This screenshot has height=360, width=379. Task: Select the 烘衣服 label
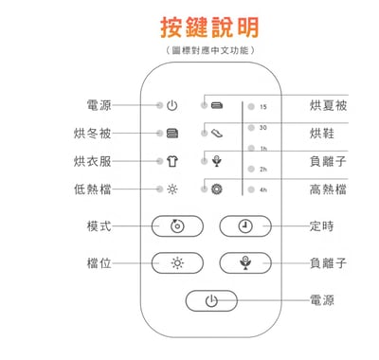93,161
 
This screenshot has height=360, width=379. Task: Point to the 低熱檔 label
93,189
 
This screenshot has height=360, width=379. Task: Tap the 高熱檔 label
328,189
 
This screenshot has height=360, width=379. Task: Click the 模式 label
99,226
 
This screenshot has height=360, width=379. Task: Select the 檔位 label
99,262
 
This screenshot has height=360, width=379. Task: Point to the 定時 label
321,226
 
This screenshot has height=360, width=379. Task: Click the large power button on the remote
210,300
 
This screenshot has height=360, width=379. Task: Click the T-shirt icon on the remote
171,161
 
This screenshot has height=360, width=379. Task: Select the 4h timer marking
262,189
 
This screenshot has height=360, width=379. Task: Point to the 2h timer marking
262,169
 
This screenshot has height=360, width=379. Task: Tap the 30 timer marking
262,127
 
